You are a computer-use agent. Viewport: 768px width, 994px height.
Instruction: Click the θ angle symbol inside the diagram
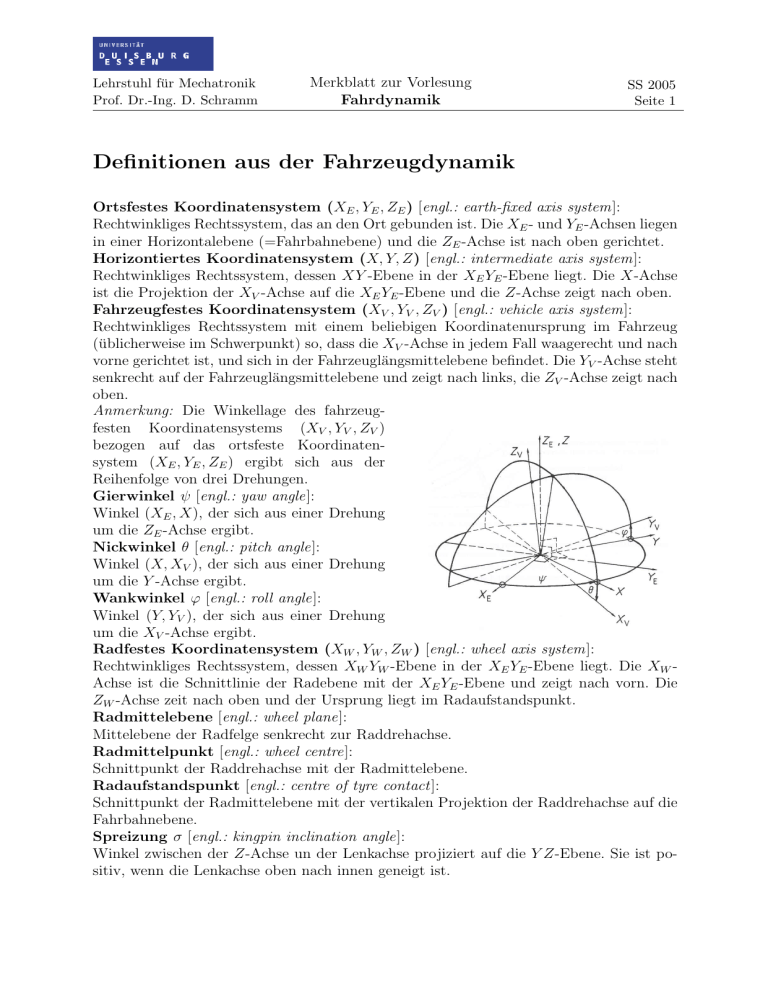[x=589, y=590]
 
